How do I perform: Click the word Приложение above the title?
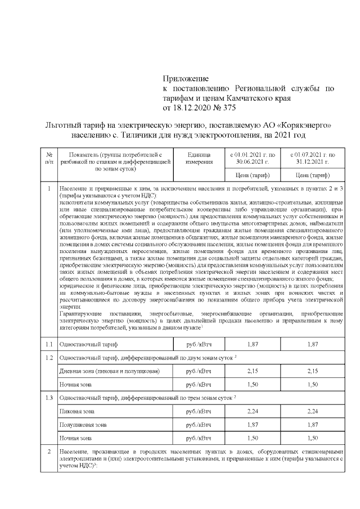click(x=186, y=78)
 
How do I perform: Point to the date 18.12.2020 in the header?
click(x=196, y=107)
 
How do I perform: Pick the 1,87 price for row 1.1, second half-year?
click(x=312, y=344)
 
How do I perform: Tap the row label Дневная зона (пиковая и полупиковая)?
click(x=109, y=371)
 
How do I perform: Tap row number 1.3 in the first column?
click(x=49, y=398)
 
